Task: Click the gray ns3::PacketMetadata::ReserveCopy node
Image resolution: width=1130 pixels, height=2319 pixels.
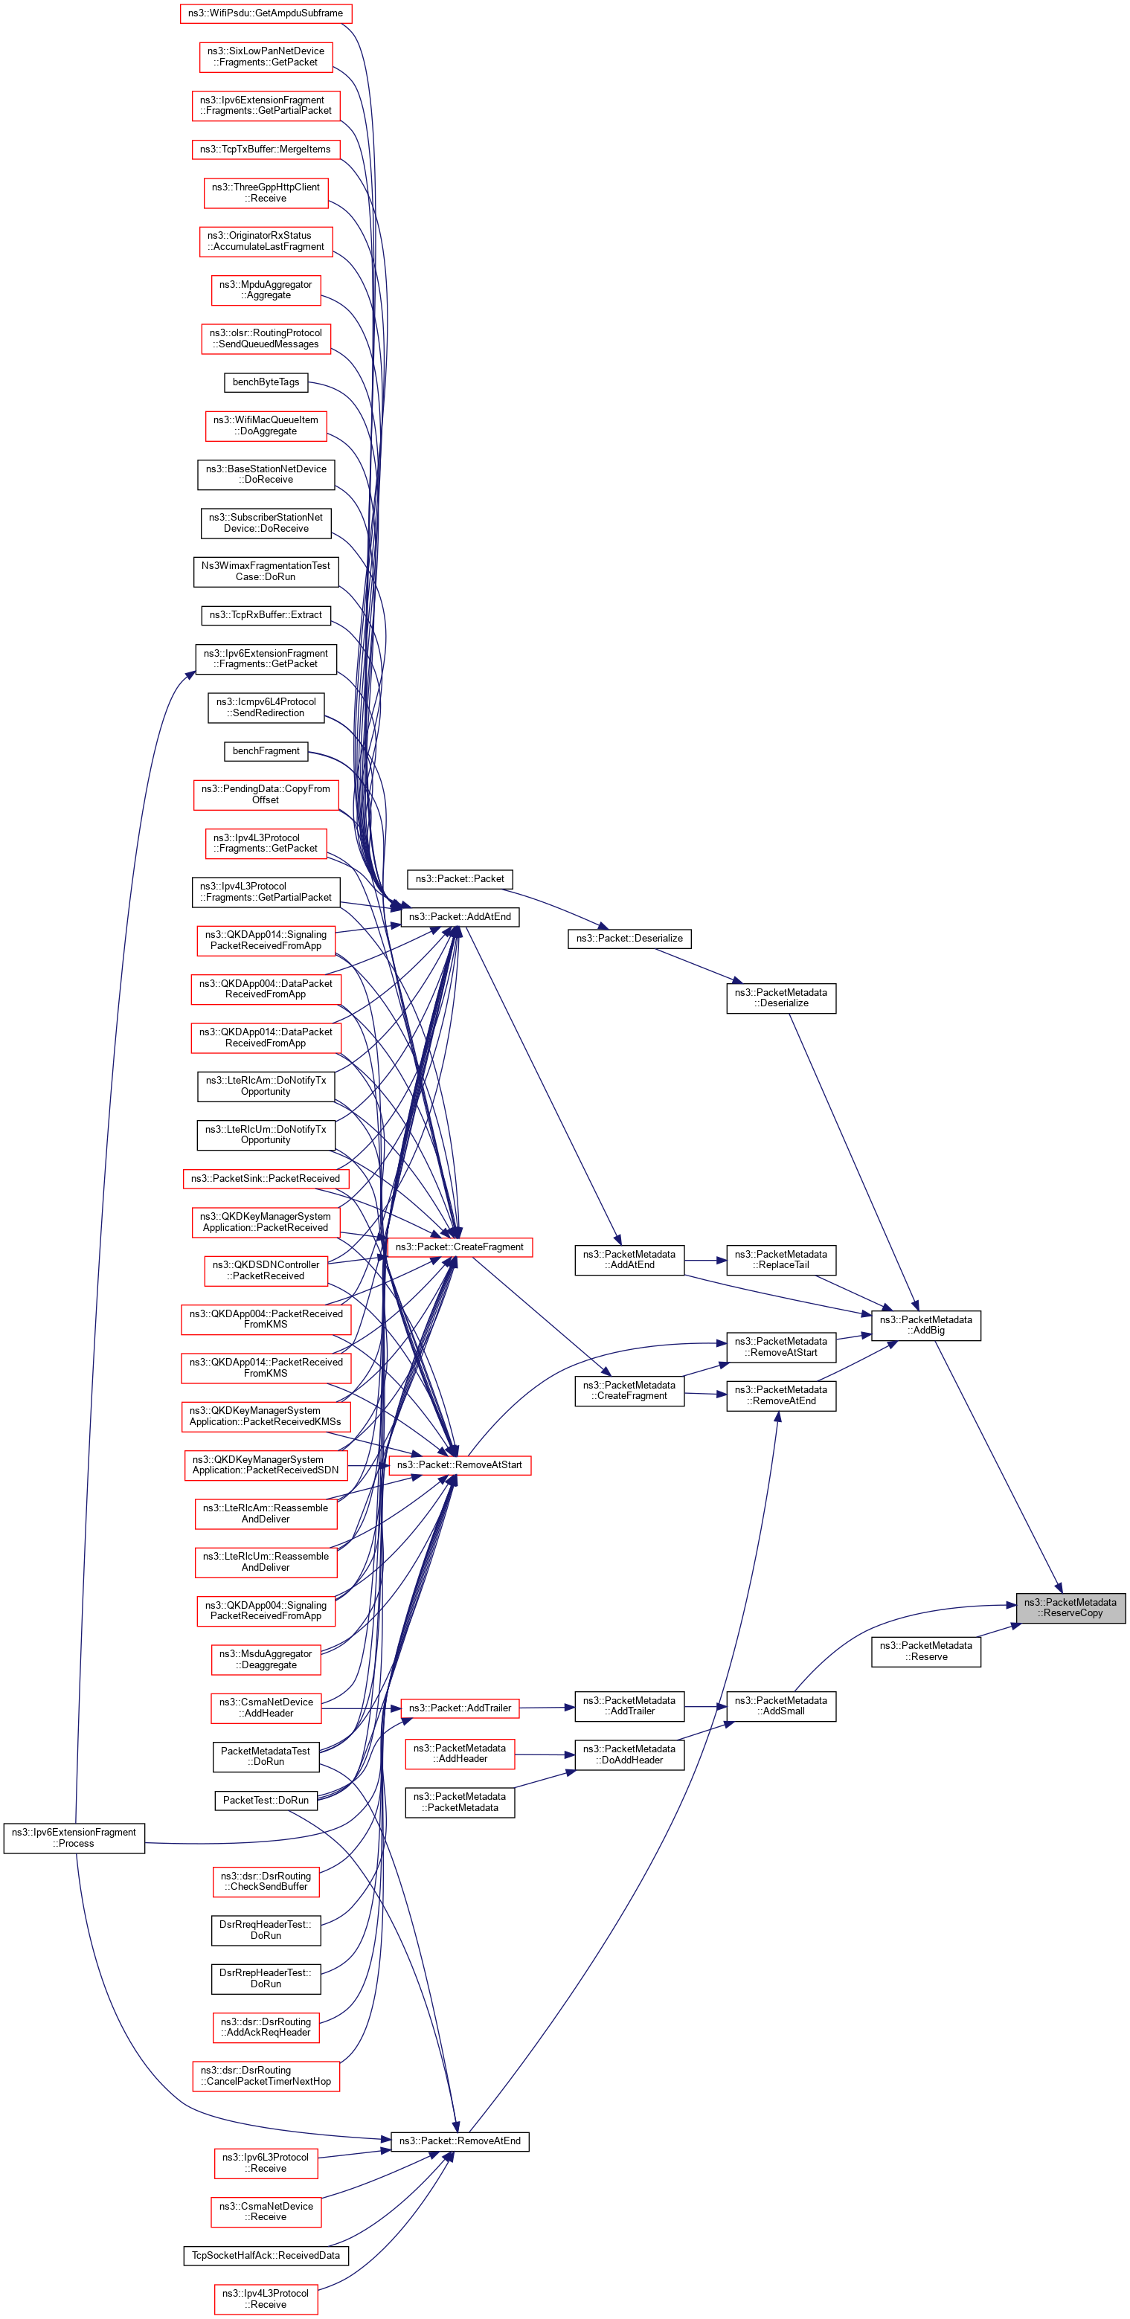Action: coord(1070,1607)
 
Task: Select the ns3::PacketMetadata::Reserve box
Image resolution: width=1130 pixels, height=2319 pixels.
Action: coord(925,1651)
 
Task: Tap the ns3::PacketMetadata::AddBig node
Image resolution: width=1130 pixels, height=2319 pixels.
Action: coord(925,1325)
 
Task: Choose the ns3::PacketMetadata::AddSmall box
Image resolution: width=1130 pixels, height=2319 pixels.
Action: coord(780,1706)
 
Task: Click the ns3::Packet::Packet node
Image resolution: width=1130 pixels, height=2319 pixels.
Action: coord(459,878)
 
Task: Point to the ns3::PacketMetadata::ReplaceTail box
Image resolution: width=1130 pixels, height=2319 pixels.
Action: coord(780,1259)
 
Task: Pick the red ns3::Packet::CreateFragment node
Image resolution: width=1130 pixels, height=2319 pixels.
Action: coord(459,1247)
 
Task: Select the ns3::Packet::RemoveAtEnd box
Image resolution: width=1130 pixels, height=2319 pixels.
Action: coord(459,2141)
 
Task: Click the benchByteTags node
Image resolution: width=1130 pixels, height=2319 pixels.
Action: coord(266,382)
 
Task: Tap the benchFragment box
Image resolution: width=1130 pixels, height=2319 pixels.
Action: coord(266,750)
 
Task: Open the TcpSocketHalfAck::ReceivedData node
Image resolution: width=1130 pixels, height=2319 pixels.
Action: coord(266,2255)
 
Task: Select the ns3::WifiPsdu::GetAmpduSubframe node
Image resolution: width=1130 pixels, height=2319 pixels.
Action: coord(266,13)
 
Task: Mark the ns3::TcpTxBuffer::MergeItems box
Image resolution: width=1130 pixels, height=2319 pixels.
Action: coord(266,149)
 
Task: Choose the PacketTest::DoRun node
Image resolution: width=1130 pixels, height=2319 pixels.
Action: coord(266,1801)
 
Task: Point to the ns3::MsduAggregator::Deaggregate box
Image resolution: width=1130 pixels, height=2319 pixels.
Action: coord(266,1659)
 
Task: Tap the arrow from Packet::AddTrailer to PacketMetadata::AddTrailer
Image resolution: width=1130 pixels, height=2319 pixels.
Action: coord(547,1707)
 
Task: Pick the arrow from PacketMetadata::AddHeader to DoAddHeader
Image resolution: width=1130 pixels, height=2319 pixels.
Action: coord(545,1754)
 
